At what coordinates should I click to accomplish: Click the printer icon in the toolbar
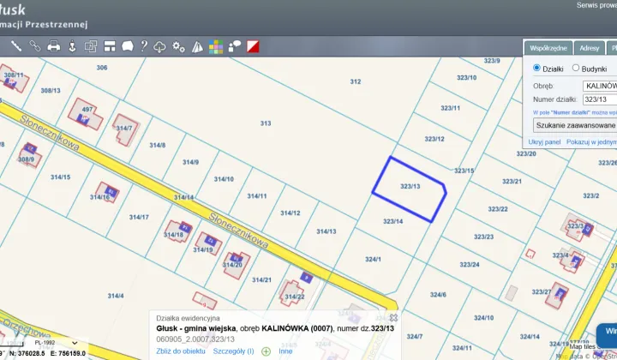pos(53,46)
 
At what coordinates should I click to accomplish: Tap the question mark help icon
pos(144,46)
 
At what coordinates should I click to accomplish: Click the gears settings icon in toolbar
pos(178,46)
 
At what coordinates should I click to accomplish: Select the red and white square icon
pos(253,46)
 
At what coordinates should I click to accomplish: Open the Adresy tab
pos(589,49)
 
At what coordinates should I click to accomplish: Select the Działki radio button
pos(537,68)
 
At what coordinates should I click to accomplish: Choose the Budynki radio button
pos(576,68)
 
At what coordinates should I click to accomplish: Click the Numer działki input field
pos(599,99)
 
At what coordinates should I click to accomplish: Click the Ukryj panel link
pos(544,141)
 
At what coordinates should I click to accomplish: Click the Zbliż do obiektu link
pos(181,351)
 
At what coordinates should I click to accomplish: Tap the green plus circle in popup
pos(266,351)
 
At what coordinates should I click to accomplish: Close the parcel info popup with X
pos(393,317)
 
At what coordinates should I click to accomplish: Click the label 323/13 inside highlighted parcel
pos(410,186)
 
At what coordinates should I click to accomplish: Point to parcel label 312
pos(356,81)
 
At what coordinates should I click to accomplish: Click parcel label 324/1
pos(373,258)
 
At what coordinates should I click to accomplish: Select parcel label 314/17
pos(139,217)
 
